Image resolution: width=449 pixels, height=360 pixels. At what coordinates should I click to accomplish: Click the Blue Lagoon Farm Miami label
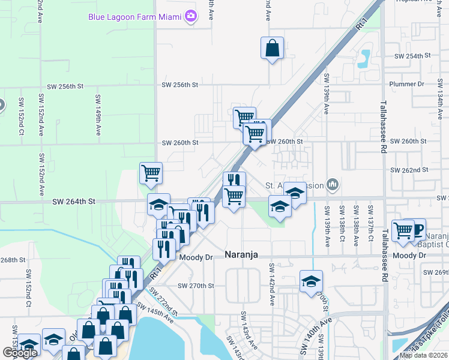(134, 16)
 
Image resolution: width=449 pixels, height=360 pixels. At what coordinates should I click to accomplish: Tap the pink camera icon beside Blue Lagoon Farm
(191, 16)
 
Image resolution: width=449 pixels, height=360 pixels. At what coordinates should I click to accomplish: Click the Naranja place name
(241, 255)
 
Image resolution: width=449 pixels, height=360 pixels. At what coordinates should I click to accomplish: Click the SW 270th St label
(192, 286)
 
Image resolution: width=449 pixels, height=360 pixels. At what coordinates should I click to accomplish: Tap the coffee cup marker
(417, 229)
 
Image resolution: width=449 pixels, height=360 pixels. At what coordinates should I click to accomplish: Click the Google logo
(20, 353)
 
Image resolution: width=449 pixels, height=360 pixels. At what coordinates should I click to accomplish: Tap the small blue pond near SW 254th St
(364, 59)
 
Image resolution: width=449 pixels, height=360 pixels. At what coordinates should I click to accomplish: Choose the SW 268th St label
(13, 260)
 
